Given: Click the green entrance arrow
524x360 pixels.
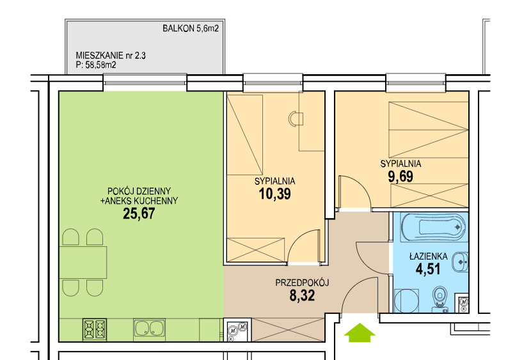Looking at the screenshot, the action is (360, 333).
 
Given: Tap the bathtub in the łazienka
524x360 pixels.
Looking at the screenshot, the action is (433, 228).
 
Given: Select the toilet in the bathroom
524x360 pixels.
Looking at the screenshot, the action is (440, 299).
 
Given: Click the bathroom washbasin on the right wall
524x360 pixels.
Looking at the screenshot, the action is (460, 262).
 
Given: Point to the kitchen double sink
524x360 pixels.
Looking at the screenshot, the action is (149, 327).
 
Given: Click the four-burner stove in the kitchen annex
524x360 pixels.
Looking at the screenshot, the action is (95, 329).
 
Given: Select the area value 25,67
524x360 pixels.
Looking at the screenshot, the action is (139, 214).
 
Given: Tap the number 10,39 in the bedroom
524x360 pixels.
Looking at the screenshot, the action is (274, 194).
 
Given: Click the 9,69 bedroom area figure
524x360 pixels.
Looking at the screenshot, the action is (401, 176).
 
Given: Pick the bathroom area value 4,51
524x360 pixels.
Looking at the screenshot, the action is (428, 269).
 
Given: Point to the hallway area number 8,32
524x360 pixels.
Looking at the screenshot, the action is (302, 295).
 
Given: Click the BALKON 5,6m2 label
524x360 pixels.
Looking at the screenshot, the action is (191, 28).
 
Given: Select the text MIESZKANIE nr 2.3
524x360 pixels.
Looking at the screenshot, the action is (111, 55).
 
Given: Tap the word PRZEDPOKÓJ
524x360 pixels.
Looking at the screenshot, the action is (302, 283).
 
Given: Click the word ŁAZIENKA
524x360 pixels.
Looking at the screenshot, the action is (429, 256).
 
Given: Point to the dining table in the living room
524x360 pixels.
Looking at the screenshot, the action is (83, 262).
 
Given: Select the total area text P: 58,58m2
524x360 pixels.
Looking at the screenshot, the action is (96, 65).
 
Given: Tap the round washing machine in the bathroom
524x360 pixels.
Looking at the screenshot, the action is (406, 301).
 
